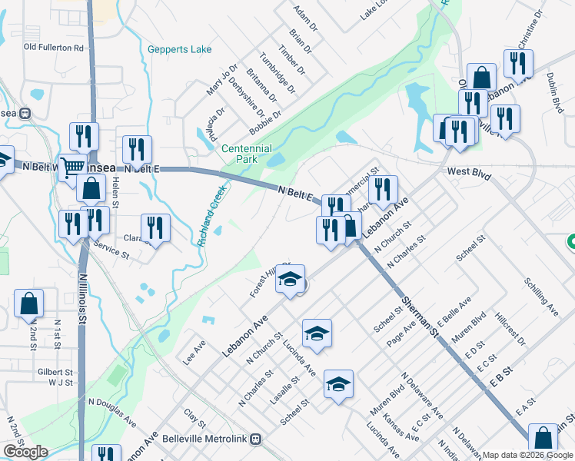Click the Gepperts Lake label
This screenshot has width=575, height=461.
coord(179,50)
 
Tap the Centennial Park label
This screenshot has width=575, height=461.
coord(246,154)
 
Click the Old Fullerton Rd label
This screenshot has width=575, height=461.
coord(53,48)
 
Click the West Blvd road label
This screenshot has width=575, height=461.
coord(468,175)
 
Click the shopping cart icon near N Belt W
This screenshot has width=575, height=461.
coord(73,165)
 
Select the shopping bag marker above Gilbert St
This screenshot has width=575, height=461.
coord(28,304)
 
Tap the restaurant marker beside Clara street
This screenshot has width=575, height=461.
coord(155,227)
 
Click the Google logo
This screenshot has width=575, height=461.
coord(25,451)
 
